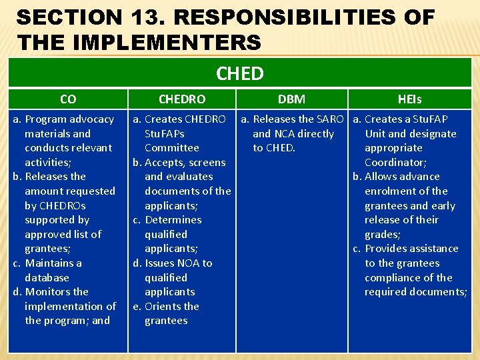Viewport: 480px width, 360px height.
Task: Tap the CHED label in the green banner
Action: point(240,73)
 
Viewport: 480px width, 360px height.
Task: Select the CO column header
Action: point(67,99)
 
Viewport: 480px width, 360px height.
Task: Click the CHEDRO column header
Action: point(181,99)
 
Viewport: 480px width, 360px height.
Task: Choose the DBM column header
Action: point(291,99)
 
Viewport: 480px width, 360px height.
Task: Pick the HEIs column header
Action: point(409,99)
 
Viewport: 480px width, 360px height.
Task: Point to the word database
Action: point(47,277)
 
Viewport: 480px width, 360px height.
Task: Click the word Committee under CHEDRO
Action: point(171,148)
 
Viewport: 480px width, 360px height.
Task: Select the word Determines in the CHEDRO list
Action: point(173,220)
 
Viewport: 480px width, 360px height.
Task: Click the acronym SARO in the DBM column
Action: point(329,119)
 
